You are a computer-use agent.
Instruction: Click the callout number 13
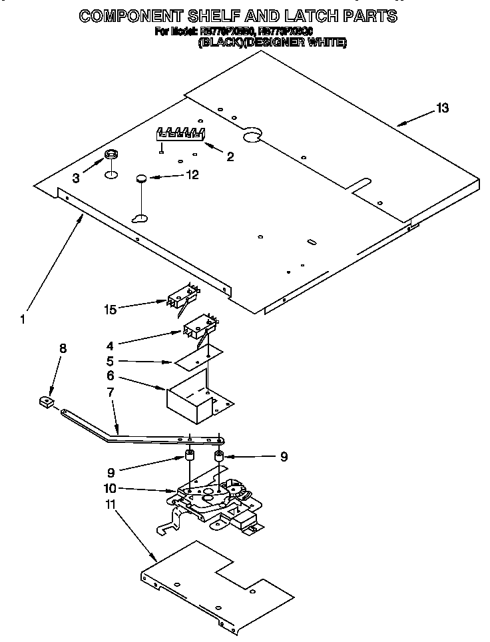[x=442, y=108]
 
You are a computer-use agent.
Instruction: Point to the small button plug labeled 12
[x=141, y=178]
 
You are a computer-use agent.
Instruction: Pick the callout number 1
[x=23, y=319]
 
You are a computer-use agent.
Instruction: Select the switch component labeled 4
[x=199, y=329]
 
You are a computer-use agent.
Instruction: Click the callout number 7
[x=111, y=392]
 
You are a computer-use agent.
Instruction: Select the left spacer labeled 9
[x=188, y=458]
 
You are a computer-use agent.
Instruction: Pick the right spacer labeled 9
[x=218, y=458]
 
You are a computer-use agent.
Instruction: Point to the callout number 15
[x=111, y=308]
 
